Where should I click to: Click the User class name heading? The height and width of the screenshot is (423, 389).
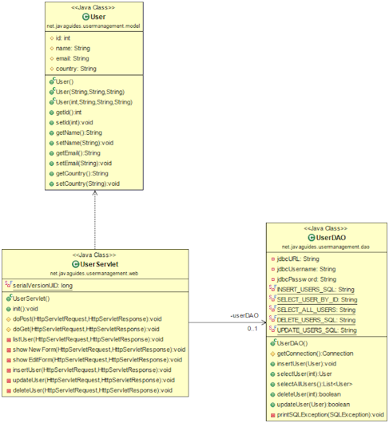click(97, 16)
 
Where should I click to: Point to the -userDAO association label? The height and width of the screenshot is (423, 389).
click(243, 316)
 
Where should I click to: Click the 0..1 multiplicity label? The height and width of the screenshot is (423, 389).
click(253, 328)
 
